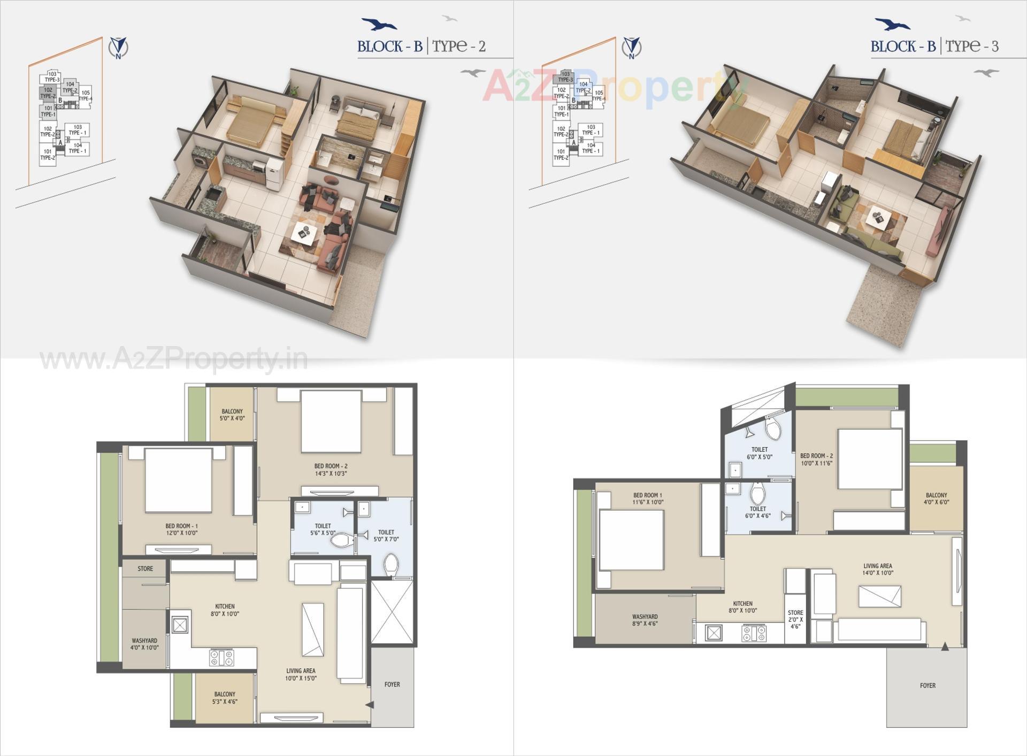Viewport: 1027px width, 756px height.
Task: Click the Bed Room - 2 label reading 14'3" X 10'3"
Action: click(x=331, y=470)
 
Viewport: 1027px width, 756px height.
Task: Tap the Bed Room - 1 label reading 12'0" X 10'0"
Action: click(x=181, y=529)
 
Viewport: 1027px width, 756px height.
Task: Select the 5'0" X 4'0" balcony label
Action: click(x=232, y=415)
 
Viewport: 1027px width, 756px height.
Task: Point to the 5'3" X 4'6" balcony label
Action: click(x=225, y=698)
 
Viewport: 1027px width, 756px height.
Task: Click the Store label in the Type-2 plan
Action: click(x=145, y=569)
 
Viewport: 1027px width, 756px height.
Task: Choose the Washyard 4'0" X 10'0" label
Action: click(x=144, y=644)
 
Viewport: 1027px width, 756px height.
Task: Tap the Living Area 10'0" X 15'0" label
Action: click(x=301, y=674)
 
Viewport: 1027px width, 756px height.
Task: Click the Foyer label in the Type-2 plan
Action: click(x=392, y=684)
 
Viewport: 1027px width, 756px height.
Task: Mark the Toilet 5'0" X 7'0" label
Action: click(x=386, y=536)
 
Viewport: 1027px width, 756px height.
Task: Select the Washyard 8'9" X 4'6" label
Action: click(x=645, y=620)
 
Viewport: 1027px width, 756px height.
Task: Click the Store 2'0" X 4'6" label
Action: click(x=795, y=619)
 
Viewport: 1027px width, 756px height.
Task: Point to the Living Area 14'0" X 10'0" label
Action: click(x=878, y=569)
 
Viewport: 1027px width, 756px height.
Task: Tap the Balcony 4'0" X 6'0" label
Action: click(x=936, y=499)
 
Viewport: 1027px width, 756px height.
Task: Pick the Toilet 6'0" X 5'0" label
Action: click(x=760, y=453)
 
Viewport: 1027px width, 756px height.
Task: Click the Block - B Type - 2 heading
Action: click(x=421, y=47)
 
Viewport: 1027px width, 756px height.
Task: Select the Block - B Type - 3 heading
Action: click(x=934, y=47)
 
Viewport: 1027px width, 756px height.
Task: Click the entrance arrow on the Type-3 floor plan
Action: click(x=945, y=647)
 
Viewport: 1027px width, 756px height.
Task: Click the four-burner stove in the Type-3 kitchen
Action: click(x=754, y=633)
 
